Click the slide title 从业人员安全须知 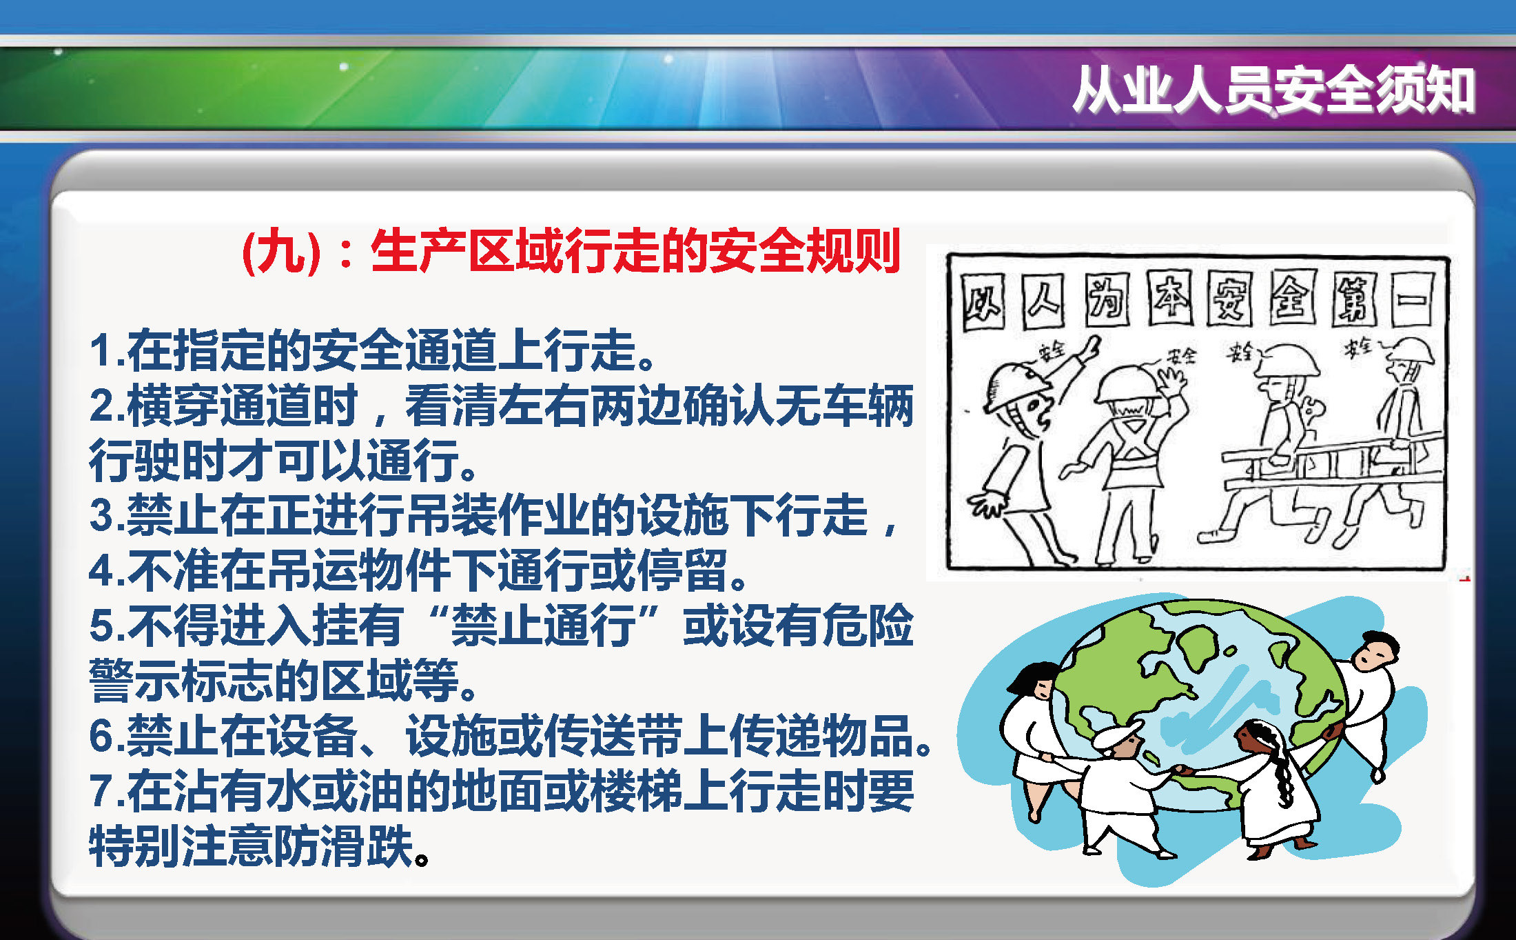(1273, 90)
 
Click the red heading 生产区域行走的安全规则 (636, 251)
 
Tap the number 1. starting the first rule (107, 350)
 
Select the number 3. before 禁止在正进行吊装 (107, 515)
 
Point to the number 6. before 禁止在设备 (107, 736)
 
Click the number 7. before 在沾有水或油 (107, 791)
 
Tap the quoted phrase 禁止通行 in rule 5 (544, 626)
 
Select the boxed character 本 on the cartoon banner (1170, 298)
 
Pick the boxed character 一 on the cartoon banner (1413, 299)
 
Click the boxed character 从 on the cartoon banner (983, 302)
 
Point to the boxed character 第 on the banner (1355, 299)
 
